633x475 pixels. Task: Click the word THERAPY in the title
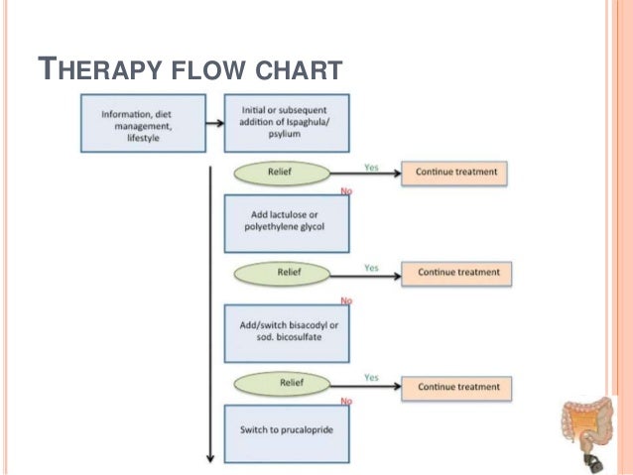(100, 68)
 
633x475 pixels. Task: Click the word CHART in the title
(300, 69)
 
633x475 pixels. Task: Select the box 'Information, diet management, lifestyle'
(143, 123)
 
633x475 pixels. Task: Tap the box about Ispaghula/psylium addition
(287, 123)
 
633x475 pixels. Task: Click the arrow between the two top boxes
(214, 123)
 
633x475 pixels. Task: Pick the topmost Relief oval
(282, 174)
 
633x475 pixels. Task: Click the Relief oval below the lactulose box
(282, 274)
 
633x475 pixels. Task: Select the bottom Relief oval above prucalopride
(282, 384)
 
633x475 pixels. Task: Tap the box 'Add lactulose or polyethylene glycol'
(287, 223)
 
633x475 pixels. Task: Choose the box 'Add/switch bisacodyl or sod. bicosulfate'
(287, 333)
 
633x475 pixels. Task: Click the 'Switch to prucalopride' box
(287, 433)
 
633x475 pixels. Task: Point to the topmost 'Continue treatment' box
(454, 174)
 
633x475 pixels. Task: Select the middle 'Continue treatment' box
(456, 274)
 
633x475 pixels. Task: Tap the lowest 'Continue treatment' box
(456, 389)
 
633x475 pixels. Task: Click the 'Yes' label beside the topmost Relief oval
(371, 167)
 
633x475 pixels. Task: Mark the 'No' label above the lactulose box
(346, 190)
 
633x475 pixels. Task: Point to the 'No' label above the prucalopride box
(346, 401)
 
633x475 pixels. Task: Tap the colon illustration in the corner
(587, 433)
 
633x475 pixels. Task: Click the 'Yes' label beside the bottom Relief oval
(371, 378)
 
